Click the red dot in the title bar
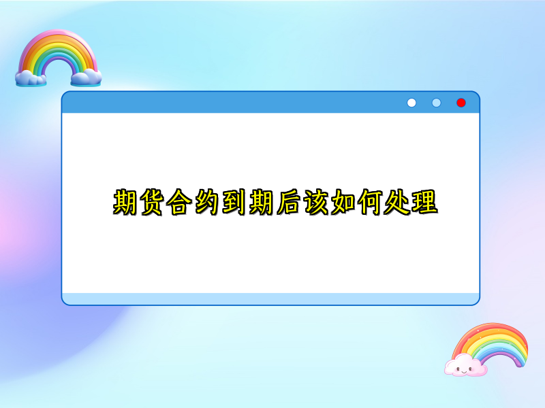[x=461, y=103]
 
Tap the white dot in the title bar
[x=411, y=103]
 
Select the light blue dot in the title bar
[x=436, y=103]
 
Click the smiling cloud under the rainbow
[x=466, y=367]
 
